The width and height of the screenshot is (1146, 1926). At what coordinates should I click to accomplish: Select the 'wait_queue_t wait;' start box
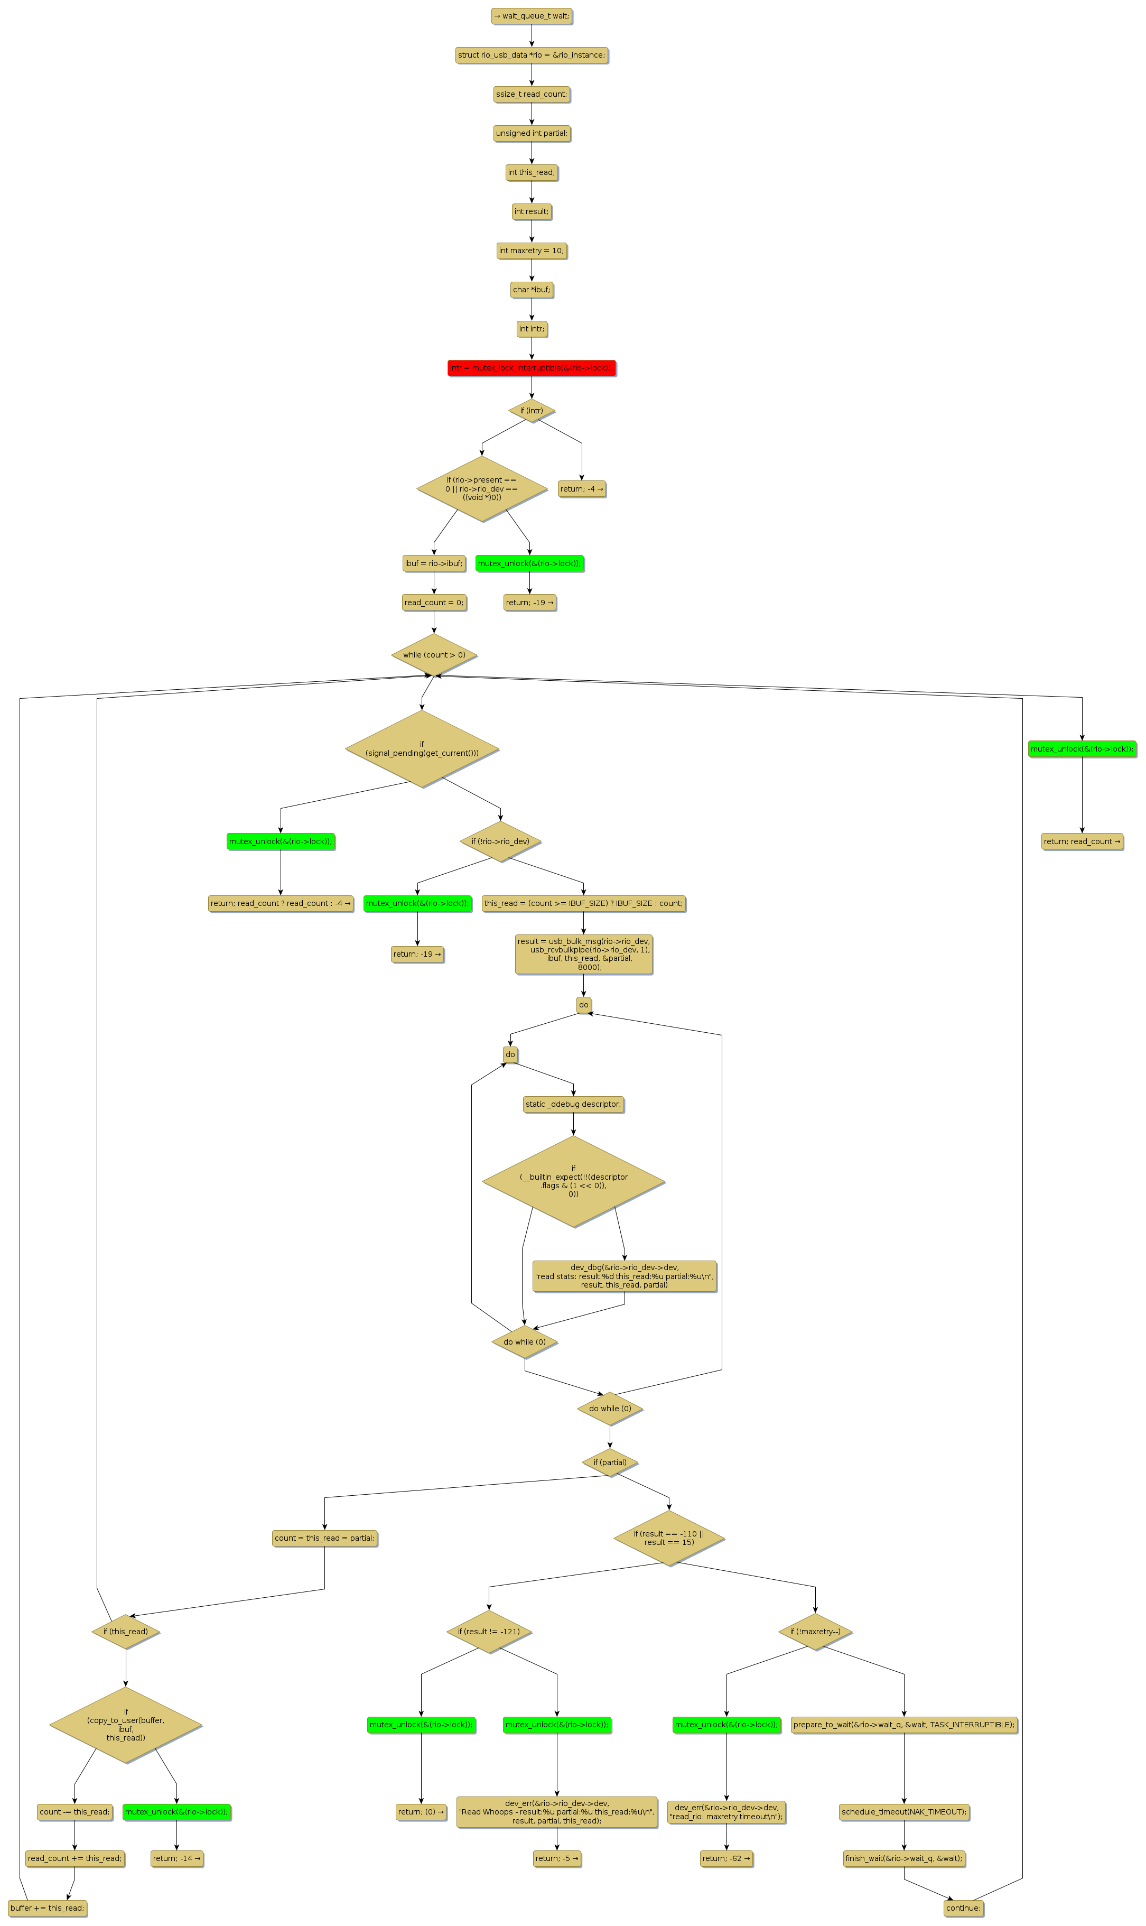point(532,16)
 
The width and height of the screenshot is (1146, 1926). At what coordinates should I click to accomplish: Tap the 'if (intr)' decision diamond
point(532,411)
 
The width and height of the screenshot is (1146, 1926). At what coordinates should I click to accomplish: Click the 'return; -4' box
point(582,489)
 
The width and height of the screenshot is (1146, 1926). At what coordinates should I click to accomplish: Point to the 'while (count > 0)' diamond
point(434,655)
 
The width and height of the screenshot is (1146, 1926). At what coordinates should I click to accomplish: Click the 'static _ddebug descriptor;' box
point(573,1104)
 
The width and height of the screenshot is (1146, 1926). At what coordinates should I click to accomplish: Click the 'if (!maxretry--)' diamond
point(815,1632)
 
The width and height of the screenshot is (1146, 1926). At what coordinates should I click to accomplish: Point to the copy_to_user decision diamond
point(126,1725)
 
